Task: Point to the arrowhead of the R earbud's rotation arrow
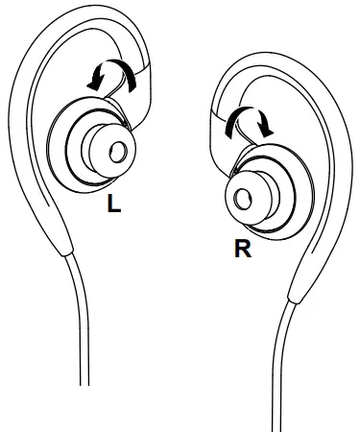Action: (268, 132)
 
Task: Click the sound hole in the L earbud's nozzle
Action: (120, 150)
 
